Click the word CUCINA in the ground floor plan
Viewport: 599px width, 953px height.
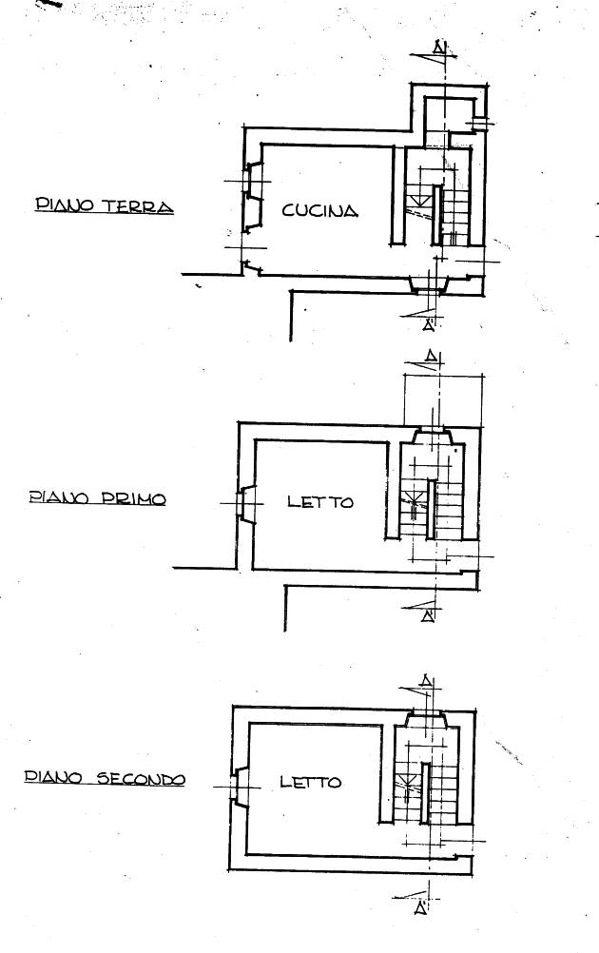[x=320, y=211]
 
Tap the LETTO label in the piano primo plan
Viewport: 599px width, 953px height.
[x=320, y=502]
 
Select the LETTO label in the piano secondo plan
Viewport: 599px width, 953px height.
[x=311, y=782]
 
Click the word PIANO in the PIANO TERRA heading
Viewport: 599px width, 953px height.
[x=65, y=204]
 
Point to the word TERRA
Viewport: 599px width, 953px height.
[x=137, y=206]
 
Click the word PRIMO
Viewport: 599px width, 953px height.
[x=133, y=499]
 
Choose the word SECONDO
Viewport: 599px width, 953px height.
[x=141, y=779]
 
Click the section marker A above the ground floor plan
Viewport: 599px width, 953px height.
[x=439, y=48]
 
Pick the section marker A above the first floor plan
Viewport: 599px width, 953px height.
[x=432, y=356]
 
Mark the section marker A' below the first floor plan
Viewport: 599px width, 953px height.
[x=428, y=616]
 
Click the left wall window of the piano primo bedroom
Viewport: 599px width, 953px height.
[x=246, y=504]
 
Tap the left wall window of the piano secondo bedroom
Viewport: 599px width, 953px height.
[x=240, y=787]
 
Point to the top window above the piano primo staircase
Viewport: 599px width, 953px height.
[x=433, y=436]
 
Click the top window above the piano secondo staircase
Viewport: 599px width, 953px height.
[x=426, y=719]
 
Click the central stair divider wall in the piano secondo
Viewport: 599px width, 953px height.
[x=425, y=793]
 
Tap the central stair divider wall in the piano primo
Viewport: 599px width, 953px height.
[x=431, y=510]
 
